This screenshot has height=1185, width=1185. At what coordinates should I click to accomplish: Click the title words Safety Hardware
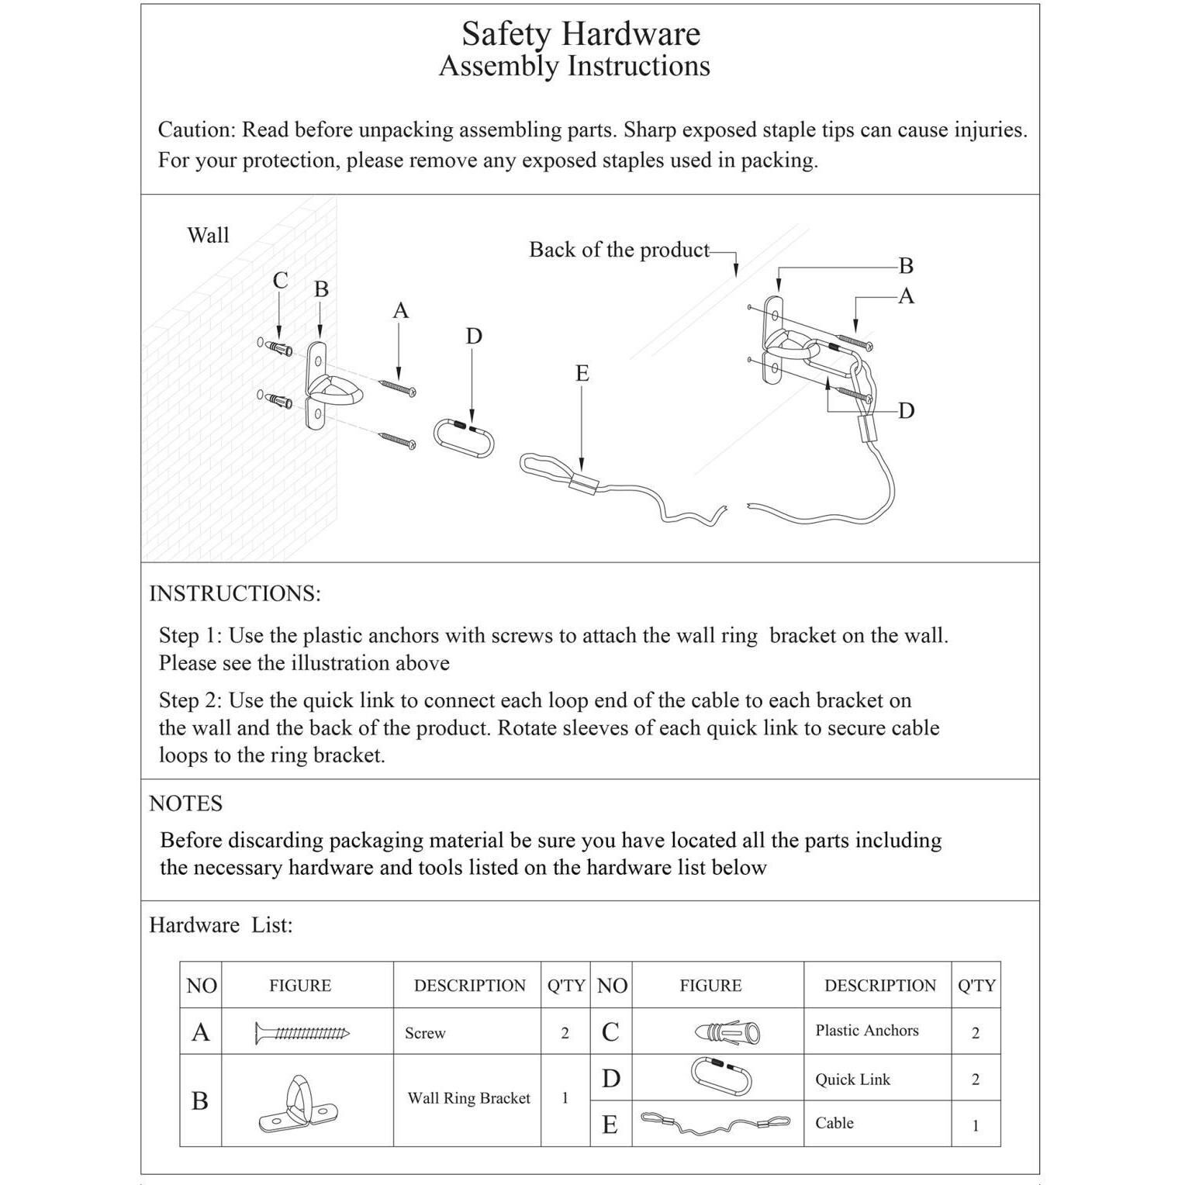coord(581,34)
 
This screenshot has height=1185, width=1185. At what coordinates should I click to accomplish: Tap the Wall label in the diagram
coord(208,235)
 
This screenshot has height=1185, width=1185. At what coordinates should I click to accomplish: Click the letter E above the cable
coord(582,373)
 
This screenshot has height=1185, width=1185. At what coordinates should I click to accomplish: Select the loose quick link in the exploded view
coord(464,440)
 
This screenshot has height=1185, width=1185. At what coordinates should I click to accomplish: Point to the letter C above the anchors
coord(280,280)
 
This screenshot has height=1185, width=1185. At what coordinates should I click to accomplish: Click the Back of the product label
coord(619,250)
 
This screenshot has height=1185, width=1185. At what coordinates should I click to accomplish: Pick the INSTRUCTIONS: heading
coord(234,593)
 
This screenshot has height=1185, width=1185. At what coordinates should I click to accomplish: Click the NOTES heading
coord(185,803)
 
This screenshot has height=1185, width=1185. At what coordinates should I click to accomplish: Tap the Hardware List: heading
coord(221,925)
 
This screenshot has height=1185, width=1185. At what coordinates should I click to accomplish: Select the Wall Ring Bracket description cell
coord(468,1098)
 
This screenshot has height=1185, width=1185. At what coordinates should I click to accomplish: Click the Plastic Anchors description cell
coord(866,1031)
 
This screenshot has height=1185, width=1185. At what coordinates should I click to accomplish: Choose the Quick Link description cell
coord(852,1080)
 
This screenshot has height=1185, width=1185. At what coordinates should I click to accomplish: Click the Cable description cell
coord(834,1123)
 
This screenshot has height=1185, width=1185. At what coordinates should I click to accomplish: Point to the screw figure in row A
coord(302,1033)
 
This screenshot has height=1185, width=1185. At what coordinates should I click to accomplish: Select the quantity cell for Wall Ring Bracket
coord(565,1098)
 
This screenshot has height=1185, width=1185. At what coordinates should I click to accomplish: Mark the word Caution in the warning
coord(195,130)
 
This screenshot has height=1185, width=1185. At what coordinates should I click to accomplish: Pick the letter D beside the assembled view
coord(906,410)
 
